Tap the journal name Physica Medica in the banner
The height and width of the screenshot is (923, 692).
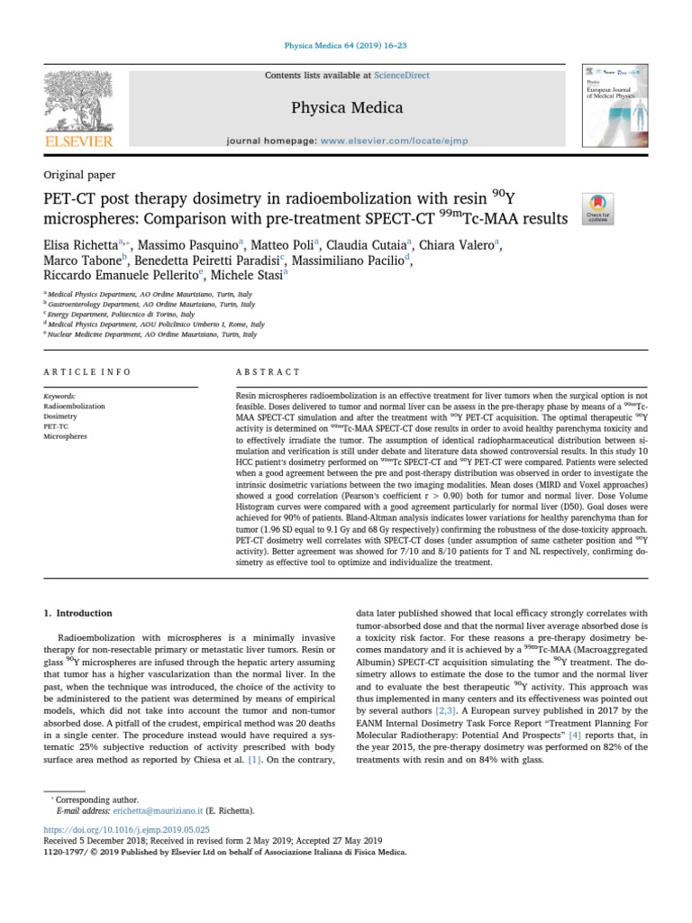point(347,108)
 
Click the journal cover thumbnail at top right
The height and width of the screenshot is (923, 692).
point(618,105)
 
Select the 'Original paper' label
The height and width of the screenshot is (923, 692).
point(79,174)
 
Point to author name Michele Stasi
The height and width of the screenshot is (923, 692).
point(247,276)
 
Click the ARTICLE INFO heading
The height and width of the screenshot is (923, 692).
point(87,371)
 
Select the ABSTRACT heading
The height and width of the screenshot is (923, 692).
point(268,371)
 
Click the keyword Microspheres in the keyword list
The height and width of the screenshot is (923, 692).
point(66,436)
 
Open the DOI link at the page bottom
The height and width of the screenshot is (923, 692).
point(126,827)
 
